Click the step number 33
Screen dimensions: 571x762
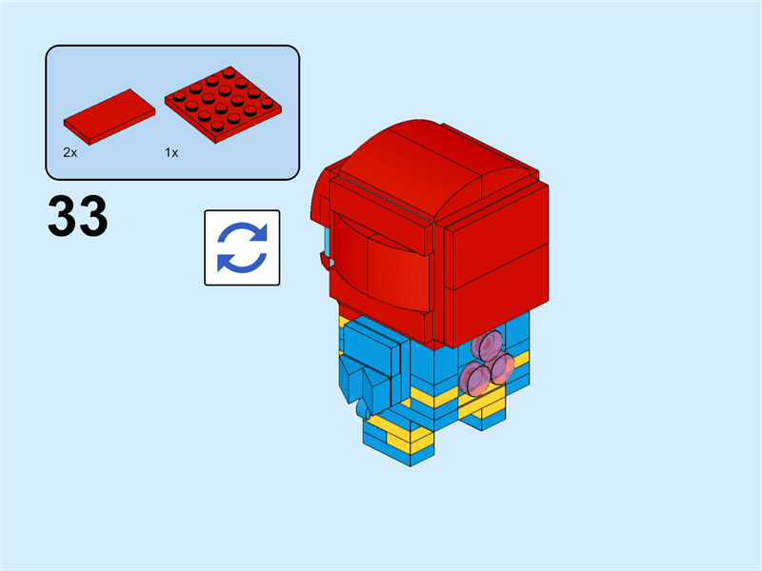coord(77,218)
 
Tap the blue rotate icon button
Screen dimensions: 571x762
coord(242,247)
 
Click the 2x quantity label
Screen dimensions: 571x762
coord(70,152)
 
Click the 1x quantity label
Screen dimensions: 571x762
coord(171,152)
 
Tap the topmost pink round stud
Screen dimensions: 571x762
coord(491,346)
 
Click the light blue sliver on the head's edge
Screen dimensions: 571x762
coord(326,243)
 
